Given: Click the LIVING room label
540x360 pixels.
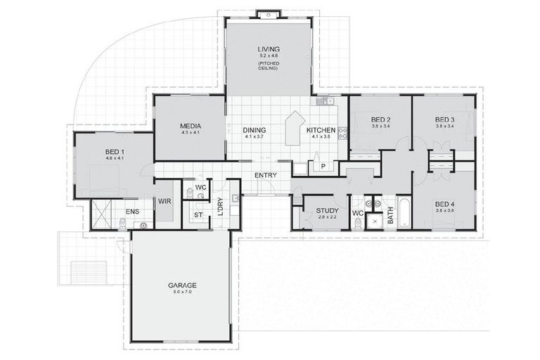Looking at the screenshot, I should [267, 47].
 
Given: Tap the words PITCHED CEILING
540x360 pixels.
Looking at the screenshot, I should [267, 65].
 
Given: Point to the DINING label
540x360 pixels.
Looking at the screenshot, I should [254, 130].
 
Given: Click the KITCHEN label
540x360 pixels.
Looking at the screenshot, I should [320, 130].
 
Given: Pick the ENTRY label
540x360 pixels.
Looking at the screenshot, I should [266, 175].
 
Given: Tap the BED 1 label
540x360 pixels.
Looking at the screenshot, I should [114, 151].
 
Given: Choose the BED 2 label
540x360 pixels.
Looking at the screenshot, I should [380, 120].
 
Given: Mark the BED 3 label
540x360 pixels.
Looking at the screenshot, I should [444, 120].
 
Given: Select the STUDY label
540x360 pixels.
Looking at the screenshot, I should [327, 210].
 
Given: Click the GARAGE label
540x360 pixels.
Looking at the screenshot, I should [181, 285].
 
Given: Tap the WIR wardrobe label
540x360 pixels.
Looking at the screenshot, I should [165, 201].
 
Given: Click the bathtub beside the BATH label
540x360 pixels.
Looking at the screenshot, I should [406, 214].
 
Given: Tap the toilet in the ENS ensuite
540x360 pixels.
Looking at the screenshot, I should [123, 224].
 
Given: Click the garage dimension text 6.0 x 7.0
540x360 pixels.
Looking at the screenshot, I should [181, 292].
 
